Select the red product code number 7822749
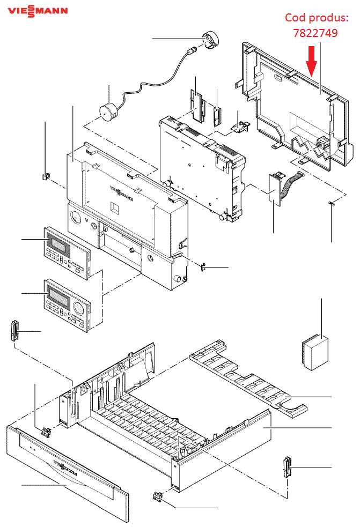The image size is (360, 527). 315,33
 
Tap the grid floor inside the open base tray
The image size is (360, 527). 145,424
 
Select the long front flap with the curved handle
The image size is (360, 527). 67,472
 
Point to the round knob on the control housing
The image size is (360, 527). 177,279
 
